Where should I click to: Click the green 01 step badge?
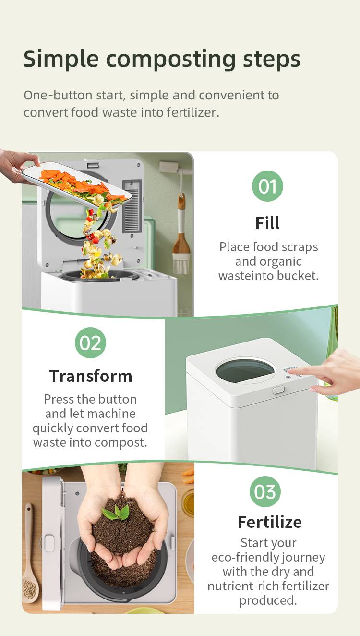point(267,186)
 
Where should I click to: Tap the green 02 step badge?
point(90,342)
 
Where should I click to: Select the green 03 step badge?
point(265,491)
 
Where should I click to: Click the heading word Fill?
point(267,223)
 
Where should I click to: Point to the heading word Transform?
point(91,376)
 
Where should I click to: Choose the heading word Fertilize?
point(269,522)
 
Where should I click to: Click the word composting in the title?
point(171,60)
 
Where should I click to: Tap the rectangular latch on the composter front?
point(278,390)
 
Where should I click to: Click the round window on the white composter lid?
point(245,370)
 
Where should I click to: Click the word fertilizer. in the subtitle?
point(193,112)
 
